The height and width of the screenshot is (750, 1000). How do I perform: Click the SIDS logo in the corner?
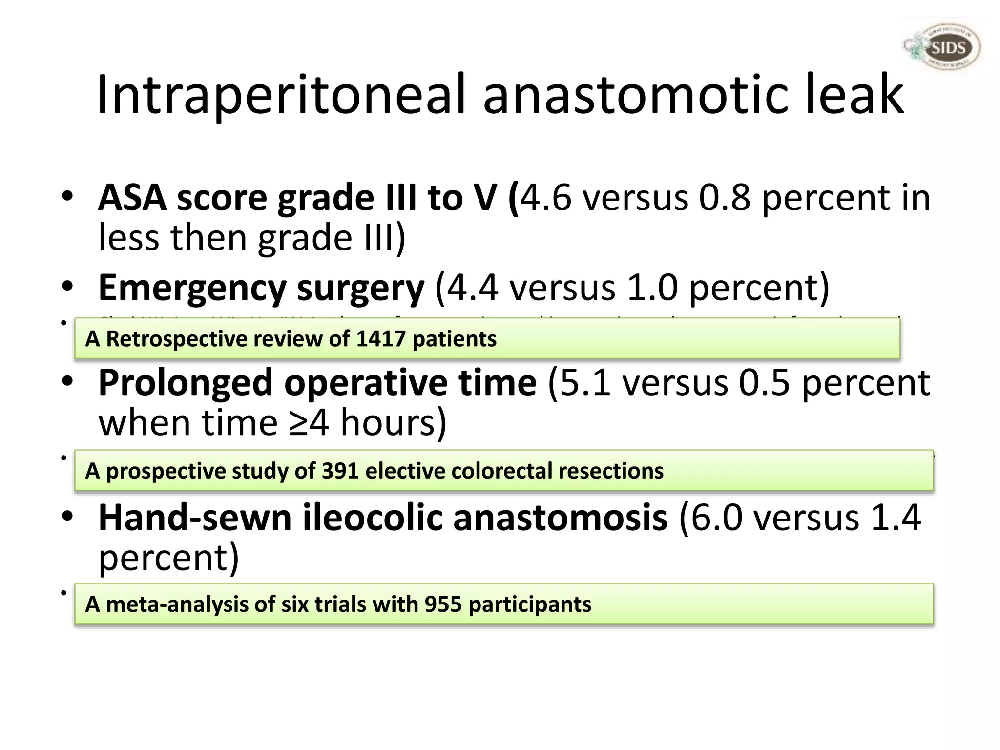point(941,48)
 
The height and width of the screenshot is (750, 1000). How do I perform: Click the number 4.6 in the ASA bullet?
point(545,198)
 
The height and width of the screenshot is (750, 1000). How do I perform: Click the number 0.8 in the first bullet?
point(725,198)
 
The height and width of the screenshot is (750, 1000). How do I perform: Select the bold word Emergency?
point(191,288)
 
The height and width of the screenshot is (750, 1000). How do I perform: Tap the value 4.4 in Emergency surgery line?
point(472,288)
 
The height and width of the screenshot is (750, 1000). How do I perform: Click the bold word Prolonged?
point(185,383)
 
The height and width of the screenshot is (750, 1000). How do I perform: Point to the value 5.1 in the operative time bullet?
point(585,383)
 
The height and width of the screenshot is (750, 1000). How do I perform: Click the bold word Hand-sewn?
point(195,518)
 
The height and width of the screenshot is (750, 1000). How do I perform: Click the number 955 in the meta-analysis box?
point(443,604)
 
